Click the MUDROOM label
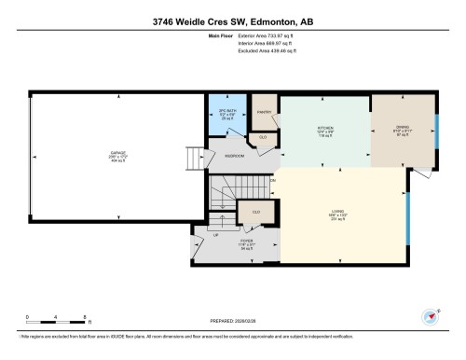pos(235,156)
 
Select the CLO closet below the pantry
pos(264,137)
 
